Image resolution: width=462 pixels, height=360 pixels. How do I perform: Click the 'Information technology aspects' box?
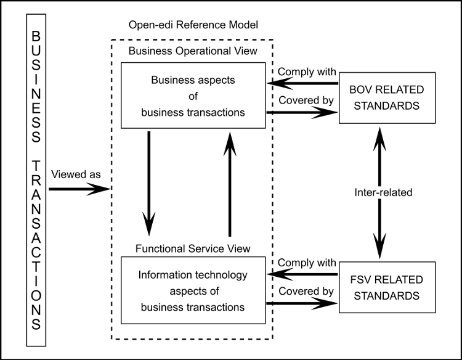point(193,290)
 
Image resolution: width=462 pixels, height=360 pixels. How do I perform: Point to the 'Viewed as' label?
point(76,174)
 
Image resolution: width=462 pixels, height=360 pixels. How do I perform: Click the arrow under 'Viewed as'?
point(79,189)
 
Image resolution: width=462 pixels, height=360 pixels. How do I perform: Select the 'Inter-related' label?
point(383,192)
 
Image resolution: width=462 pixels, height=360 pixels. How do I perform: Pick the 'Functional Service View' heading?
point(193,248)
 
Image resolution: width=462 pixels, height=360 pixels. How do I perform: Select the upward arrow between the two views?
point(229,185)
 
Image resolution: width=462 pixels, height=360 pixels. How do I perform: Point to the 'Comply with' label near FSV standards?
point(306,262)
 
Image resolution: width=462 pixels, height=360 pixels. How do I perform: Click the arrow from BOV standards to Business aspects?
point(302,84)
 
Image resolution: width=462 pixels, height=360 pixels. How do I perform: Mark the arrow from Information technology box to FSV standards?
point(302,304)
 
